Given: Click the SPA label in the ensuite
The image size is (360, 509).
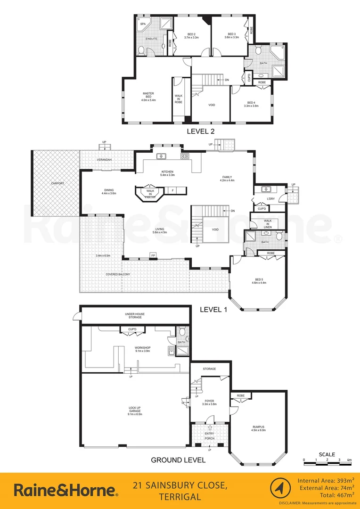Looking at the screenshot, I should (x=143, y=23).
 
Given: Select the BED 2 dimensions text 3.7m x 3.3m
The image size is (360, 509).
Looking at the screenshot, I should (x=191, y=37).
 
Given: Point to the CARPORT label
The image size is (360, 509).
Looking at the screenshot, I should (x=58, y=183).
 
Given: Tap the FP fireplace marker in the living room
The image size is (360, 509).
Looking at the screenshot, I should (x=153, y=255).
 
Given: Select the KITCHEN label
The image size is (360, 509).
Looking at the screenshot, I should (x=167, y=172).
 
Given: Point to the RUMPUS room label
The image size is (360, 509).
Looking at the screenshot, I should (x=259, y=427).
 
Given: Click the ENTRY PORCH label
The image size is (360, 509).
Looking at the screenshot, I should (x=210, y=435).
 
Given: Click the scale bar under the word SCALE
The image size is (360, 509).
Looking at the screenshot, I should (x=326, y=463).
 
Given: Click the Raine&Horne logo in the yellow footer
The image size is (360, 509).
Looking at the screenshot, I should (x=66, y=490).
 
